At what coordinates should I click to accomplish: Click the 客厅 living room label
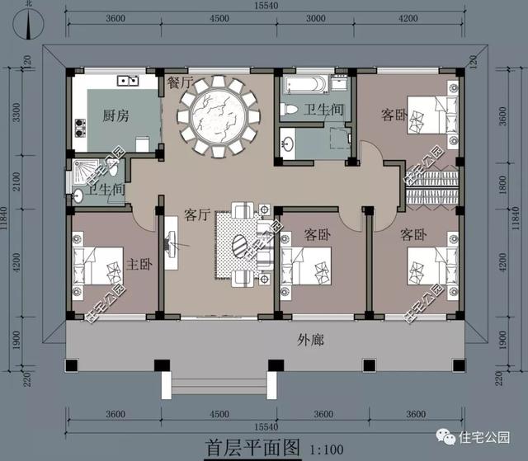pos(197,215)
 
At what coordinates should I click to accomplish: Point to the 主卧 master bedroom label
pos(139,265)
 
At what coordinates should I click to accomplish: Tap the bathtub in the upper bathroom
pos(303,85)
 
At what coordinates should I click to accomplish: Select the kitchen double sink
pos(128,81)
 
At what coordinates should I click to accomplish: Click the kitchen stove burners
pos(81,127)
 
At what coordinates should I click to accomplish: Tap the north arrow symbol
pos(31,25)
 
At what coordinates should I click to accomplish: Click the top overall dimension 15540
pos(262,7)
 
